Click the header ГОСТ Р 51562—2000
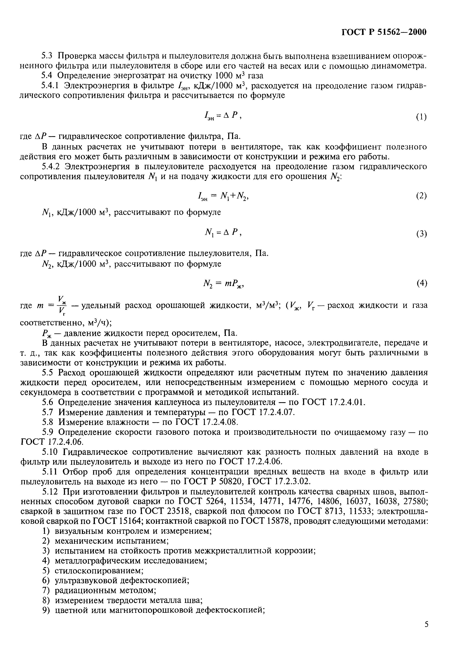(384, 32)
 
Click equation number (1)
(421, 117)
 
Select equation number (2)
(421, 196)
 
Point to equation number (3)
(421, 234)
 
